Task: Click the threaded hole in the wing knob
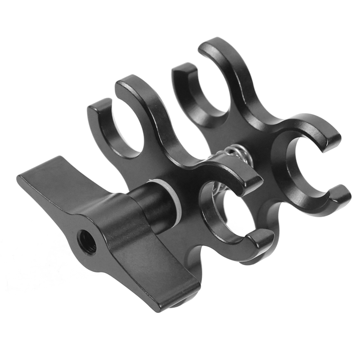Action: click(x=86, y=242)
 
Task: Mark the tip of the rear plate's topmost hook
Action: click(x=211, y=45)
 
